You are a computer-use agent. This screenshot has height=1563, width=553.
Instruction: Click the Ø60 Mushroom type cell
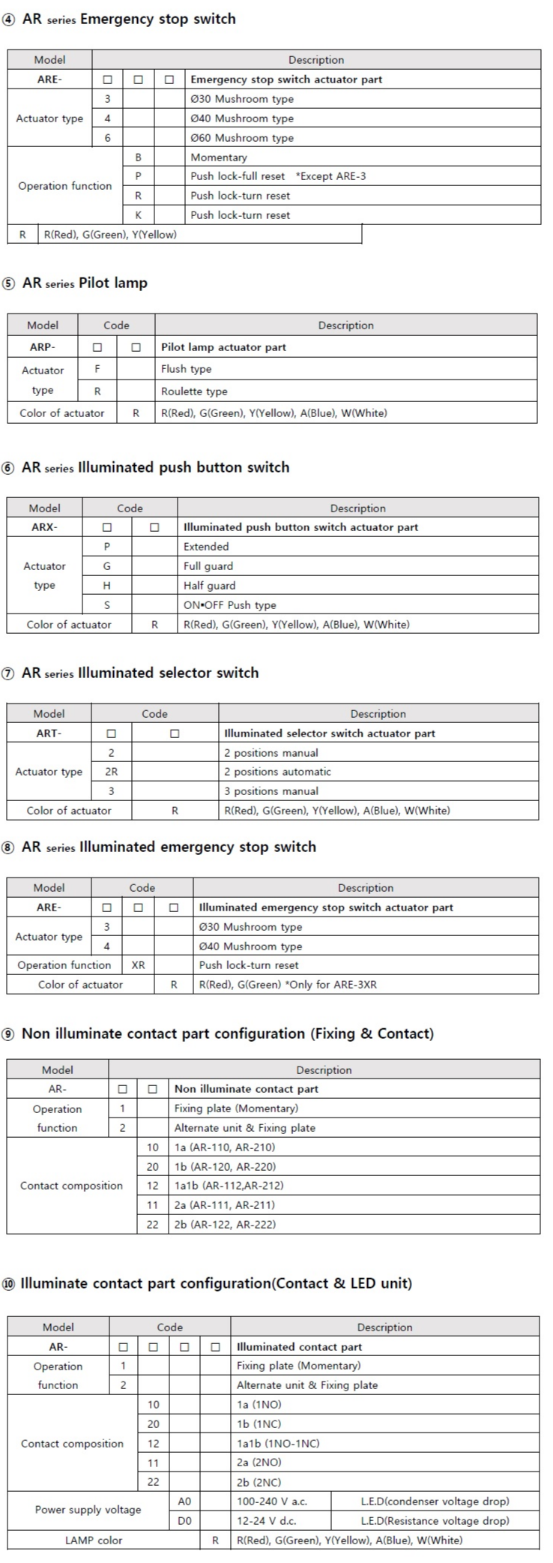pyautogui.click(x=242, y=138)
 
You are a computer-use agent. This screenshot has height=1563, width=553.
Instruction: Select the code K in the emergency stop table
pyautogui.click(x=138, y=215)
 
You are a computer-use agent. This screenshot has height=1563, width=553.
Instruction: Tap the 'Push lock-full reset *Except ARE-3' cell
pyautogui.click(x=278, y=176)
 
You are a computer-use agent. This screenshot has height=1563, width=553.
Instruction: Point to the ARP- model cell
pyautogui.click(x=43, y=347)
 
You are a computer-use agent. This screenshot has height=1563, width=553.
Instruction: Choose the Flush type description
pyautogui.click(x=187, y=369)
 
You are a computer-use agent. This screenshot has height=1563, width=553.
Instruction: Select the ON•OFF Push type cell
pyautogui.click(x=229, y=605)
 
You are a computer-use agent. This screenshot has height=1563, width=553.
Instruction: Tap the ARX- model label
pyautogui.click(x=44, y=527)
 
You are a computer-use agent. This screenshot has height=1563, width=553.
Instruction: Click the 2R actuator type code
pyautogui.click(x=111, y=772)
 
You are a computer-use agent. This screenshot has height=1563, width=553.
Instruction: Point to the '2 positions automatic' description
pyautogui.click(x=277, y=772)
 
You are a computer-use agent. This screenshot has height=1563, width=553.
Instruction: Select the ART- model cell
pyautogui.click(x=49, y=733)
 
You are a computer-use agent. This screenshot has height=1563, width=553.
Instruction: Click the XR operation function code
pyautogui.click(x=138, y=965)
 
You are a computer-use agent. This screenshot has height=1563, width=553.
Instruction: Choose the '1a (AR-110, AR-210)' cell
pyautogui.click(x=225, y=1147)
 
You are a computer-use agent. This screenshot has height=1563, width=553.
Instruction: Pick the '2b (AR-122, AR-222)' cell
pyautogui.click(x=225, y=1225)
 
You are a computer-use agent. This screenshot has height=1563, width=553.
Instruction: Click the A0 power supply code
pyautogui.click(x=184, y=1501)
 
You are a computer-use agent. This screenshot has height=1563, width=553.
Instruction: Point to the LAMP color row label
pyautogui.click(x=94, y=1540)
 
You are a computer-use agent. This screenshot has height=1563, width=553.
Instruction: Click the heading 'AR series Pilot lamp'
pyautogui.click(x=85, y=283)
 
